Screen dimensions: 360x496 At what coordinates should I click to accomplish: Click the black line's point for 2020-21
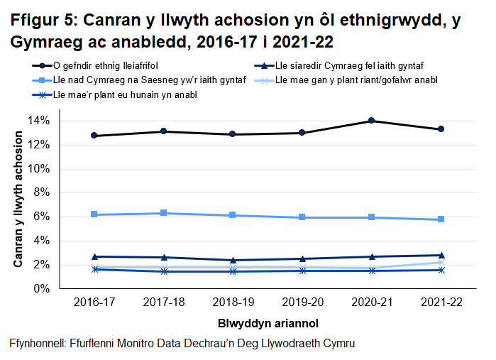pos(371,121)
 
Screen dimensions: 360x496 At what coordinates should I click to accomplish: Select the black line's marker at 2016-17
pos(94,136)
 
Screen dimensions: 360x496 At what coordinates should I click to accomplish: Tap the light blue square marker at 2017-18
pos(164,213)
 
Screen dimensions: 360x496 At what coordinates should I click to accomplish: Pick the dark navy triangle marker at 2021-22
pos(441,255)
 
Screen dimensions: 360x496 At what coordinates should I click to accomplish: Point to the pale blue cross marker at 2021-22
pos(441,262)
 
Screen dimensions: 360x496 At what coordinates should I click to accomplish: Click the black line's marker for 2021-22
pos(441,129)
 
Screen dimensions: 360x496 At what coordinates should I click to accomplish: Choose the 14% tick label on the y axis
pos(39,121)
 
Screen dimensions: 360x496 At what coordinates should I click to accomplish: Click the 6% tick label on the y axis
pos(42,217)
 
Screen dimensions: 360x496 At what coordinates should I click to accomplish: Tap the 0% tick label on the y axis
pos(42,289)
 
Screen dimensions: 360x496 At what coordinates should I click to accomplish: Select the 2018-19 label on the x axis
pos(233,302)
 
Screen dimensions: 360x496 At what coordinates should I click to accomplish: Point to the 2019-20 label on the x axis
pos(302,302)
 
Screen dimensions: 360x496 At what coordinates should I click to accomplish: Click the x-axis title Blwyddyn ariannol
pos(267,322)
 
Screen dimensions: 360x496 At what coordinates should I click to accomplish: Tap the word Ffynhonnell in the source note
pos(37,343)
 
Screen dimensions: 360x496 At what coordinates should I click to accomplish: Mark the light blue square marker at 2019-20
pos(302,217)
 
